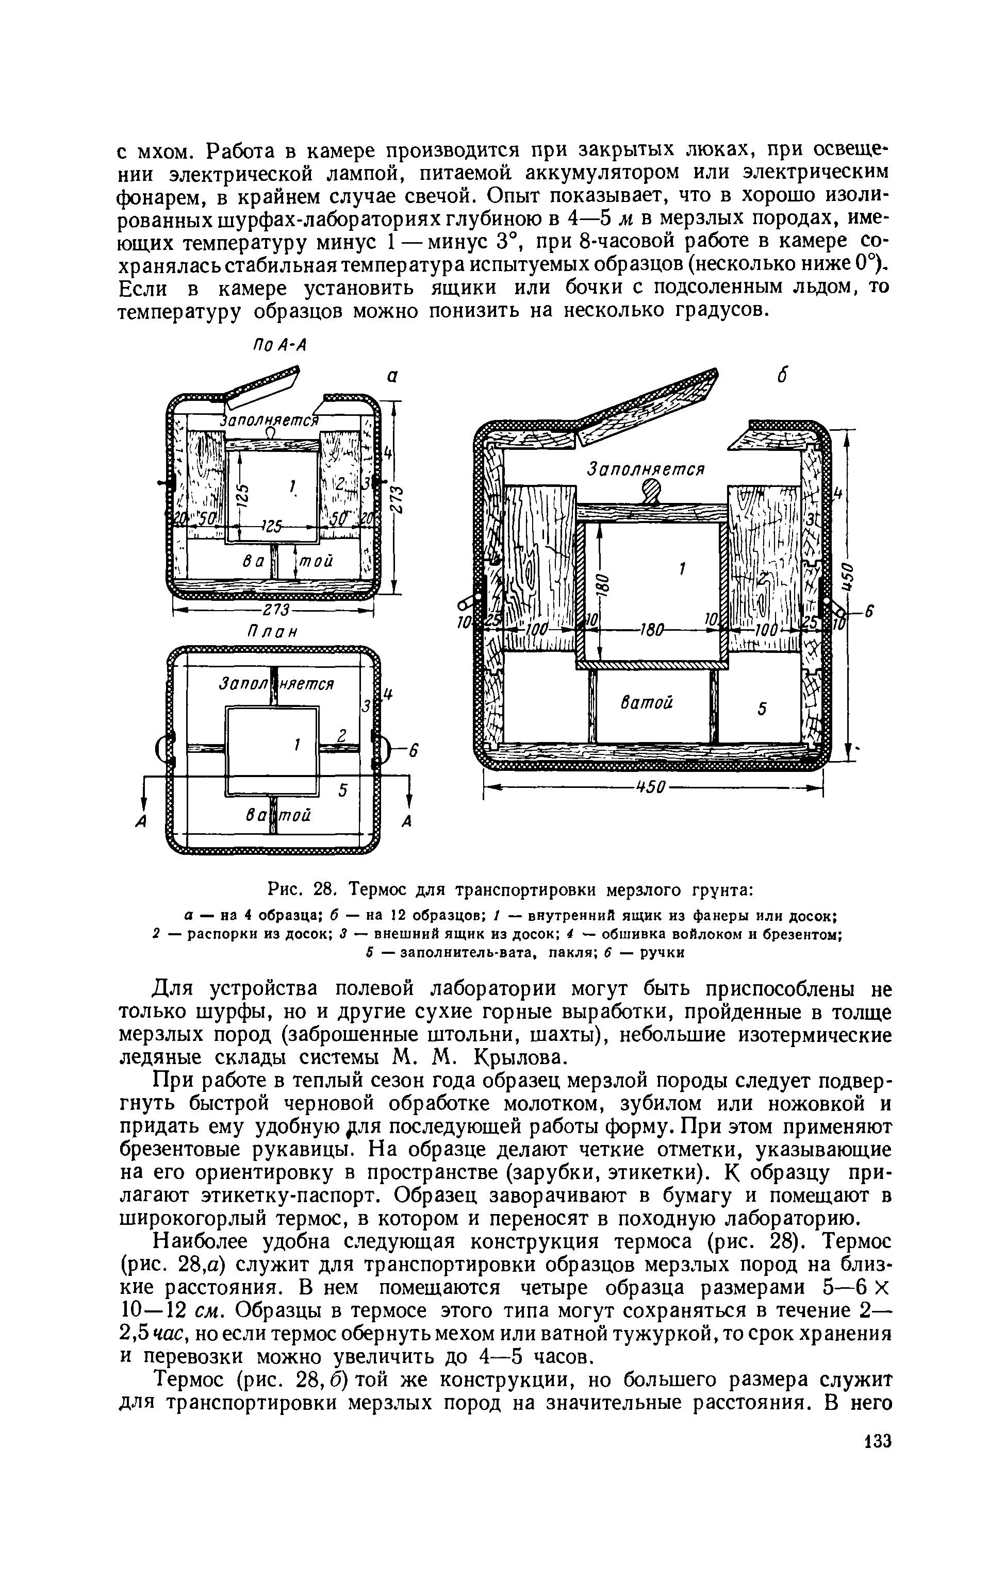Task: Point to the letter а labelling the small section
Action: click(x=392, y=377)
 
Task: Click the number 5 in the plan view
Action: click(x=342, y=791)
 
